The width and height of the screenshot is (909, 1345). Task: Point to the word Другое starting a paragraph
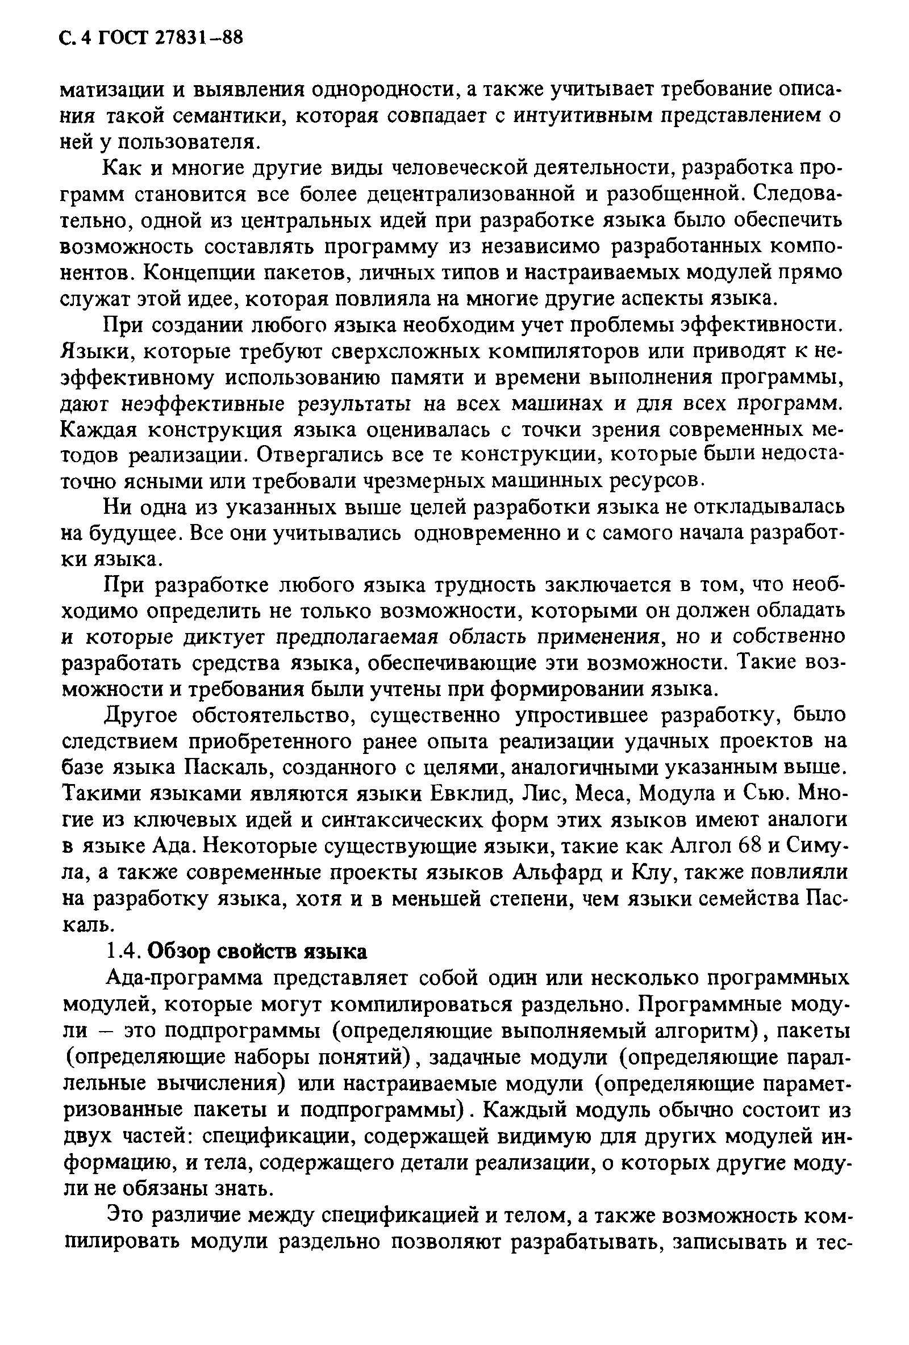pyautogui.click(x=141, y=715)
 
